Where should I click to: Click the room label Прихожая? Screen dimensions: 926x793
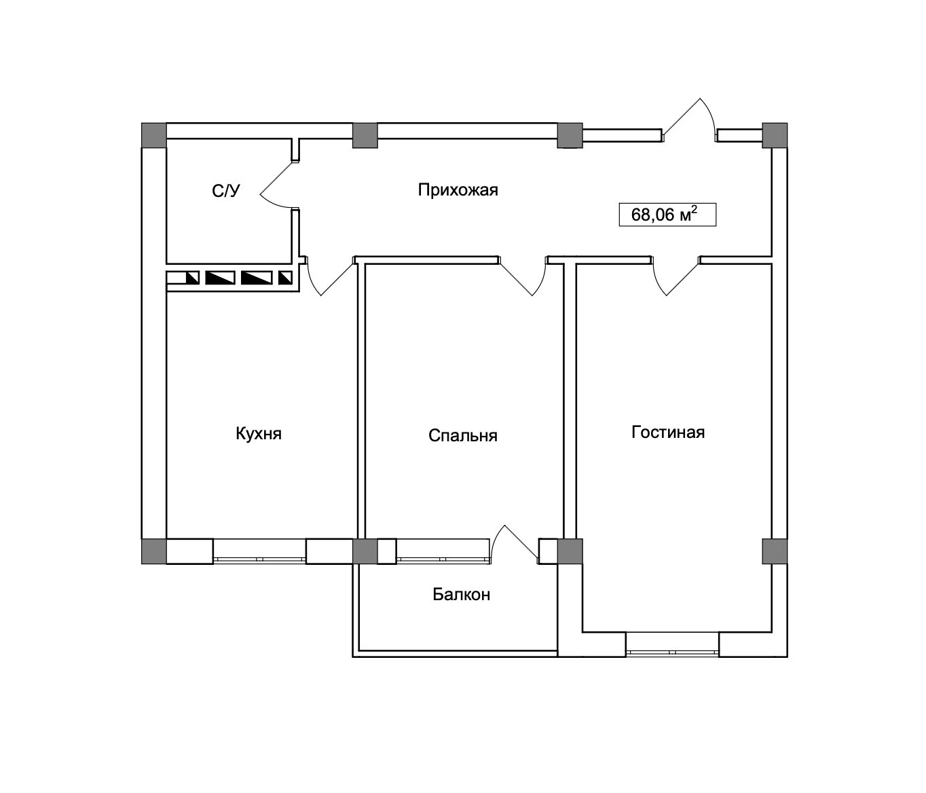click(x=458, y=190)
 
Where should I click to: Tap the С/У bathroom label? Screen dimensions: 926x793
click(x=226, y=191)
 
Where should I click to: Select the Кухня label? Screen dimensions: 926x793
click(x=259, y=434)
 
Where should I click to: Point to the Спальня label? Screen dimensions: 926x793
click(x=463, y=435)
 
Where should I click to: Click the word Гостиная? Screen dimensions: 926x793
click(x=668, y=432)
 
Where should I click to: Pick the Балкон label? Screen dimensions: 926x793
click(x=462, y=595)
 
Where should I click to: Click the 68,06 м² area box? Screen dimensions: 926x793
click(x=667, y=215)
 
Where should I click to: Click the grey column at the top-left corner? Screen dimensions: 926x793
click(x=153, y=135)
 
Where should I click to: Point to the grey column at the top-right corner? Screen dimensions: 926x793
click(x=775, y=135)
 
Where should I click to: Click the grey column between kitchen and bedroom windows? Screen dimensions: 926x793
click(x=365, y=551)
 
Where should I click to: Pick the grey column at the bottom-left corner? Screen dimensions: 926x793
click(x=153, y=551)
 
